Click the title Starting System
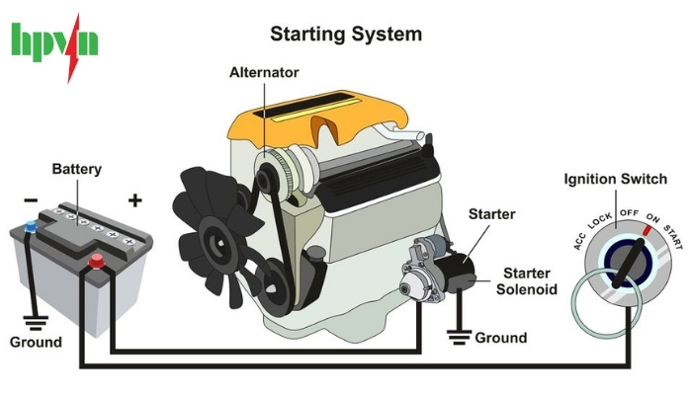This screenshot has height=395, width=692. tap(346, 35)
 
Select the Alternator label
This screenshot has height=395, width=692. tap(264, 73)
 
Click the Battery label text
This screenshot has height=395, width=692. tap(76, 169)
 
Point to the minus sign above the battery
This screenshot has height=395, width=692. tap(31, 200)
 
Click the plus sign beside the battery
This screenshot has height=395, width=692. tap(135, 200)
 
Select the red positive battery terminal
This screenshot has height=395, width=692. tap(98, 261)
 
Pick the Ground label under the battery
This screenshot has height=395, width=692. tap(36, 343)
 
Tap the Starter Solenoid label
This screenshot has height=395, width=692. tap(530, 280)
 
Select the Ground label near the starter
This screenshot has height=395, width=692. tap(501, 338)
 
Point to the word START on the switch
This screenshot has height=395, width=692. tap(672, 237)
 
